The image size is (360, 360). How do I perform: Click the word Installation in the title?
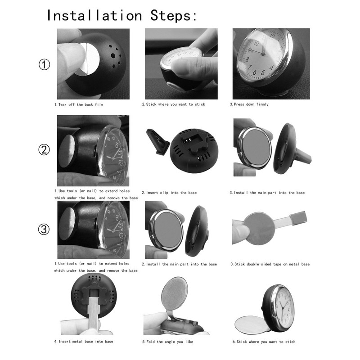click(94, 15)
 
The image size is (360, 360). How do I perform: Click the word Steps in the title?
click(173, 15)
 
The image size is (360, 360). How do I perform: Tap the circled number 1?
click(44, 64)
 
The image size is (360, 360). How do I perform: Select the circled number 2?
click(44, 150)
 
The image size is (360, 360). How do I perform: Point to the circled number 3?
click(44, 229)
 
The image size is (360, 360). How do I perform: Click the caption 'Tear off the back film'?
click(81, 104)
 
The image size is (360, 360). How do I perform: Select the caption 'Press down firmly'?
click(251, 104)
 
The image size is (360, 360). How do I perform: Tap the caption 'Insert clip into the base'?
click(171, 193)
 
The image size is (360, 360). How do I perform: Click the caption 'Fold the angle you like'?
click(170, 342)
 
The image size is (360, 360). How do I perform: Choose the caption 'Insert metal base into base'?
click(85, 342)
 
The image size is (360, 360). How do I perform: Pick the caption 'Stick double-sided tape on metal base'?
click(272, 264)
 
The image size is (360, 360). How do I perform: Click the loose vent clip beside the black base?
click(158, 141)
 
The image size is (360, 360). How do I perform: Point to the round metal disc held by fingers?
click(258, 229)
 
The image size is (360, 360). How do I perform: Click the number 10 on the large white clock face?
click(256, 43)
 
